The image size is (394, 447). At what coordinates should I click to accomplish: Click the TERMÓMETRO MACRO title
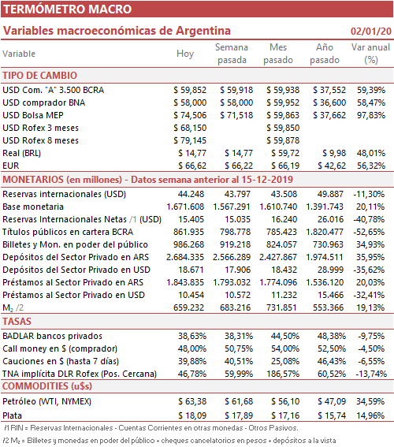[67, 9]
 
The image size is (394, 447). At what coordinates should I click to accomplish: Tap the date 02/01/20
[371, 31]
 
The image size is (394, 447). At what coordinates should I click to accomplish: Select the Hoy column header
[185, 54]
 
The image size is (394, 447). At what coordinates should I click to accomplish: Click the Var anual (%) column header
[370, 54]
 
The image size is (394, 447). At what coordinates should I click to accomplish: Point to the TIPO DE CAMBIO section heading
[40, 76]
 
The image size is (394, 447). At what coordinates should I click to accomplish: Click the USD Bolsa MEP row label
[33, 115]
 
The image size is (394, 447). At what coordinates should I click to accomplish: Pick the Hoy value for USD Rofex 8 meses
[190, 140]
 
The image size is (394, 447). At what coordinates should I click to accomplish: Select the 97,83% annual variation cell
[371, 115]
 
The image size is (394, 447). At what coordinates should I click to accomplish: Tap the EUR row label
[11, 166]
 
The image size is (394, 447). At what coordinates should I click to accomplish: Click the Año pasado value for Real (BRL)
[334, 153]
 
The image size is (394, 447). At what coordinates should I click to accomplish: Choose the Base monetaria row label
[33, 207]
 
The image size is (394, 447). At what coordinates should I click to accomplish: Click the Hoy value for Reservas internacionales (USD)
[191, 194]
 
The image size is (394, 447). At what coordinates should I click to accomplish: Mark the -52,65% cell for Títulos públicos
[370, 232]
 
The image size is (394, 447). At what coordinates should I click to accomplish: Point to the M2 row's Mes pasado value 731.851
[281, 307]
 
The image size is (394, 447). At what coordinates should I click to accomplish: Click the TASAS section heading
[17, 322]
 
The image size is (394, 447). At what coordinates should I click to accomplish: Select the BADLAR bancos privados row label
[53, 336]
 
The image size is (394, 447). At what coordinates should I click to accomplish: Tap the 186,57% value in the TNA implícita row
[283, 374]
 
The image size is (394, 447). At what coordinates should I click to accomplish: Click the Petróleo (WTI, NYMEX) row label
[47, 401]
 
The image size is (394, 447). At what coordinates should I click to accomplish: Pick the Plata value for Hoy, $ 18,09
[192, 415]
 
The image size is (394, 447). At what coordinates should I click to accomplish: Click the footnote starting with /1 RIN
[151, 428]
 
